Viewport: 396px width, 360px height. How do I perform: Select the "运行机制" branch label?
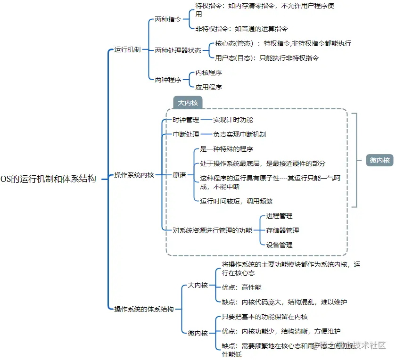tap(127, 49)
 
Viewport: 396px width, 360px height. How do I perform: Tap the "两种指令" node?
tap(168, 20)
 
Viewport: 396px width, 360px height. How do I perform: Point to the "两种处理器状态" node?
tap(178, 50)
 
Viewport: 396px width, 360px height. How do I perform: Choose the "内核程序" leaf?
tap(209, 73)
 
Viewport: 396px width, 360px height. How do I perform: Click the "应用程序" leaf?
tap(209, 87)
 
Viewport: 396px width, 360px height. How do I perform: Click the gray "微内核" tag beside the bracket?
tap(379, 160)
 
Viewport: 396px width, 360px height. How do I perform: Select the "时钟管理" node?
tap(186, 120)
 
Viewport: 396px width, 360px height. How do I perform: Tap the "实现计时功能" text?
tap(233, 120)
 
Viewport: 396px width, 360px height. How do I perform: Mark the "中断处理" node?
tap(186, 134)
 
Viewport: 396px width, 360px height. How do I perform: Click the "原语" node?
tap(179, 175)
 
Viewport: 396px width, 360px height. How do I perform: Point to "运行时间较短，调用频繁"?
tap(237, 201)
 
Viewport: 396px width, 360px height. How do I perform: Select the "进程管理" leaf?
tap(280, 216)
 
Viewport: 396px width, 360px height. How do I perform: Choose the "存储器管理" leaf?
tap(283, 230)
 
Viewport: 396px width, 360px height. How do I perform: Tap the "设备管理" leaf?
tap(280, 245)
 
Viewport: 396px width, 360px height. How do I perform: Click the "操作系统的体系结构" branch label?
tap(144, 309)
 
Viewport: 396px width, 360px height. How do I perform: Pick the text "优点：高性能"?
tap(242, 287)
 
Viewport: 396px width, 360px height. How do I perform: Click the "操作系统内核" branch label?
tap(134, 175)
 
